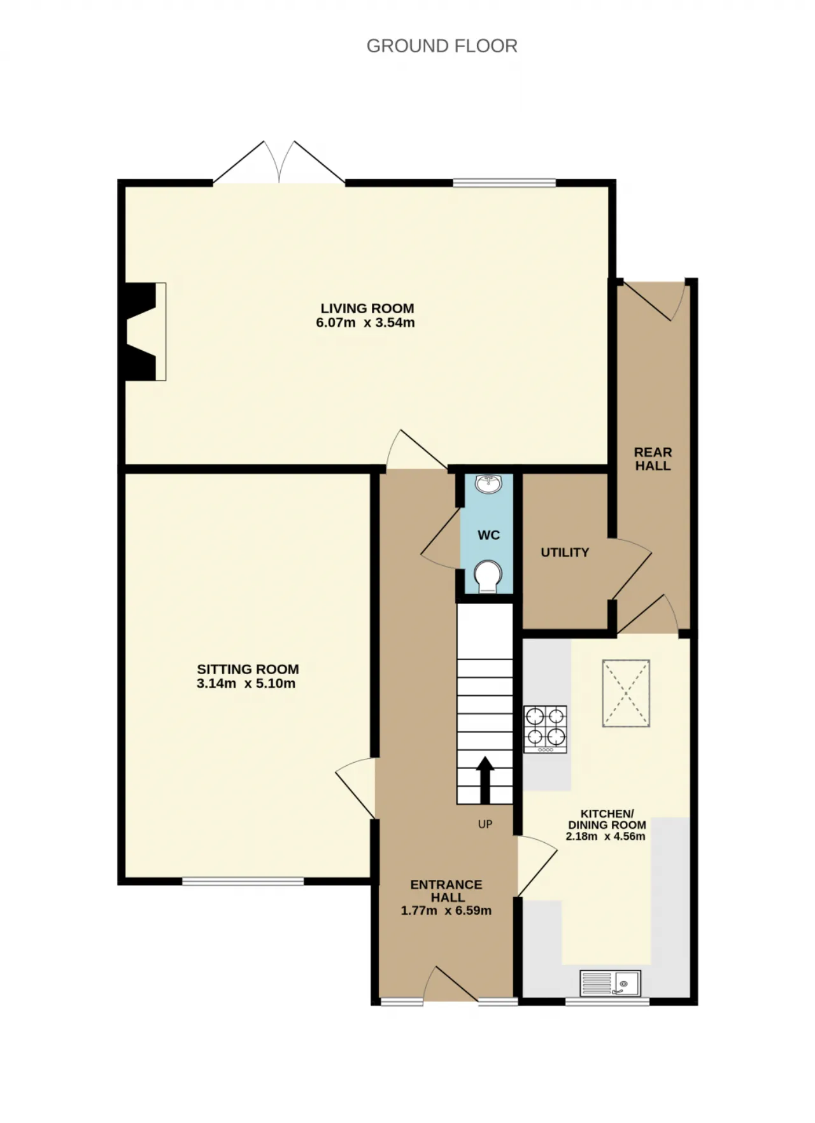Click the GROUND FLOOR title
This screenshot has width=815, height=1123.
pyautogui.click(x=442, y=46)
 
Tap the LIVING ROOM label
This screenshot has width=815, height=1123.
pyautogui.click(x=367, y=308)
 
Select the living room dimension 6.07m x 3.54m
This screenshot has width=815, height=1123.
pyautogui.click(x=365, y=323)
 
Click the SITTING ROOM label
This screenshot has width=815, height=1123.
pyautogui.click(x=248, y=669)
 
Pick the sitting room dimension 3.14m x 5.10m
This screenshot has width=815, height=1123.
pyautogui.click(x=246, y=684)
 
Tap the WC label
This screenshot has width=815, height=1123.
pyautogui.click(x=489, y=535)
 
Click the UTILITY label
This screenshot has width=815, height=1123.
pyautogui.click(x=565, y=553)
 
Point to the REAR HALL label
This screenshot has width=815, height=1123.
pyautogui.click(x=653, y=459)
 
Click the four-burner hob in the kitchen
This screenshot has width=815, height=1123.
pyautogui.click(x=545, y=730)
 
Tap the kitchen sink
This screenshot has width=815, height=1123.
pyautogui.click(x=610, y=983)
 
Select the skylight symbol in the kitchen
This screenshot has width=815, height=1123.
pyautogui.click(x=626, y=693)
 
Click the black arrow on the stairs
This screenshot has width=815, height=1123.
pyautogui.click(x=485, y=780)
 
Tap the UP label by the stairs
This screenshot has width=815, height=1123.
pyautogui.click(x=485, y=824)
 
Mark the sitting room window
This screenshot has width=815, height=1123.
pyautogui.click(x=243, y=881)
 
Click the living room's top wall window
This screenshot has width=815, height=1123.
pyautogui.click(x=504, y=183)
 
